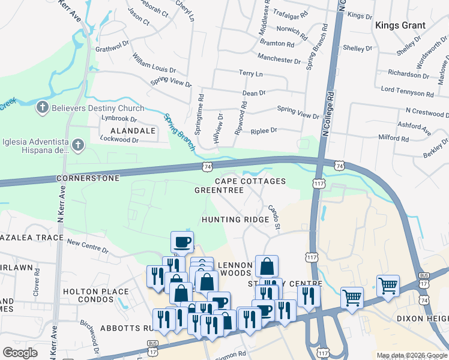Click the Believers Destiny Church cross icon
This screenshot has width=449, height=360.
point(42,108)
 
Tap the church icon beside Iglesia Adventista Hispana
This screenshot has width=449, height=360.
point(77,145)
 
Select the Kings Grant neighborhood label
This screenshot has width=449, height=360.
point(400,25)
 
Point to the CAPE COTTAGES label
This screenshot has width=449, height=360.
point(250,181)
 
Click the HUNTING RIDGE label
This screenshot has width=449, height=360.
point(235,220)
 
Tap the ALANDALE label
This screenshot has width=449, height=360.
point(128,130)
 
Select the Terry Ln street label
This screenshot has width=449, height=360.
point(251,73)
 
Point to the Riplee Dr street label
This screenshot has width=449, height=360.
point(264,130)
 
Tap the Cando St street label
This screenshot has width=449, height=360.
point(274,218)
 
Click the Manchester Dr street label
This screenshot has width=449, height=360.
point(279,61)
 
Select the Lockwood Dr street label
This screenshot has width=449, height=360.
point(119,140)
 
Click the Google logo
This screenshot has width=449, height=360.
point(20,353)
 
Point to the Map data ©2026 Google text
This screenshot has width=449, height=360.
point(411,355)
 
